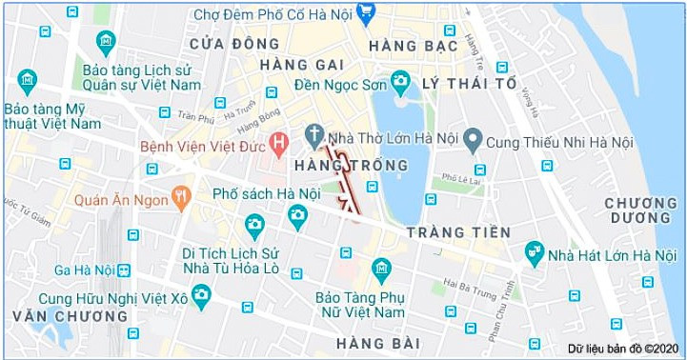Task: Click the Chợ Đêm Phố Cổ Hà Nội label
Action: pos(272,14)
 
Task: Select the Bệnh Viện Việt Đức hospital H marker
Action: pos(279,145)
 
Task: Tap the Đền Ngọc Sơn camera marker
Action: pos(400,81)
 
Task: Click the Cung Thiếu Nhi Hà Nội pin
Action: pos(473,142)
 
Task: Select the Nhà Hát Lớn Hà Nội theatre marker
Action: pos(534,253)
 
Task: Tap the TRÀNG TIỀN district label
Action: pos(458,232)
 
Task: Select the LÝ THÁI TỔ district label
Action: pos(469,84)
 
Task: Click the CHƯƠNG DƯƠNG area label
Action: pos(640,210)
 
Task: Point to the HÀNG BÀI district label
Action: pos(378,343)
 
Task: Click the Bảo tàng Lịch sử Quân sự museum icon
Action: pos(106,43)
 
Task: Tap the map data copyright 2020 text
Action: pos(620,349)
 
